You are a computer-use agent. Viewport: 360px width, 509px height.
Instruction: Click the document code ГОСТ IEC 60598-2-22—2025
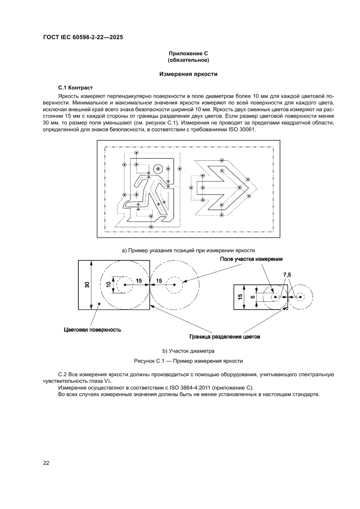pos(83,37)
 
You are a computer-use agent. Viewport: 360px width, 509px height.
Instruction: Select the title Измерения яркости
pos(188,74)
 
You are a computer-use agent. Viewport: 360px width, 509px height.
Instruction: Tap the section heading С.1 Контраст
pos(76,88)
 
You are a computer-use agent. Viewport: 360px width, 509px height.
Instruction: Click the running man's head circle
pos(158,169)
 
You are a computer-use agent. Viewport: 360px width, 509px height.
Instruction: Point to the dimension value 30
pos(87,285)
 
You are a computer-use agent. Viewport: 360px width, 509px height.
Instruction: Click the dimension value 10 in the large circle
pos(108,285)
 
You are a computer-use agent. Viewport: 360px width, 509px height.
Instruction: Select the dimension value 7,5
pos(287,275)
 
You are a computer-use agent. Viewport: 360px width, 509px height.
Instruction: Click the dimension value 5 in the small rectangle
pos(252,297)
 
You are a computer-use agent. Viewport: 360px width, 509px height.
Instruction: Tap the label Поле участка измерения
pos(251,259)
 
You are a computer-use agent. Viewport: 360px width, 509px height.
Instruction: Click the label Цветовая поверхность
pos(93,330)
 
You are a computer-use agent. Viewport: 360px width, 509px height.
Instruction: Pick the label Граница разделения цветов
pos(225,337)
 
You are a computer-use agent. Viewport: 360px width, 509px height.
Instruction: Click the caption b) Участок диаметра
pos(188,351)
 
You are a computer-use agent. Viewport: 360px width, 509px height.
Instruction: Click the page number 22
pos(46,463)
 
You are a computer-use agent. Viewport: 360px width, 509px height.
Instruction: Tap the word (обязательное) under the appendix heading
pos(188,60)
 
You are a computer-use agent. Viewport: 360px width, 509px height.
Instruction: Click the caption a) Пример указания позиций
pos(188,250)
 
